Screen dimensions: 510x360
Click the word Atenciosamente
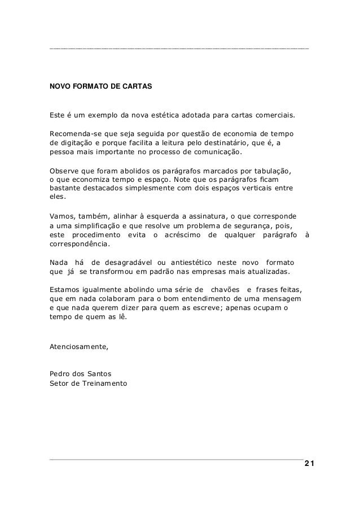(x=79, y=347)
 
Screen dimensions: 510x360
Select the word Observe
(x=64, y=169)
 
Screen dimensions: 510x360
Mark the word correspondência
(x=80, y=245)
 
